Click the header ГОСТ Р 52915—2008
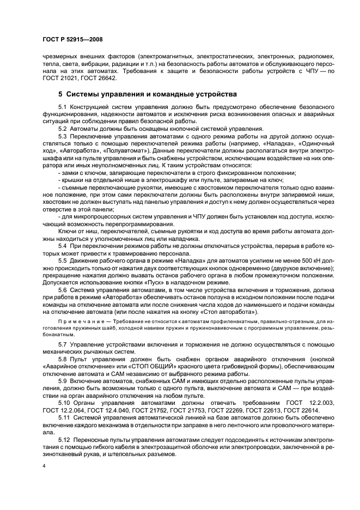click(72, 40)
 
